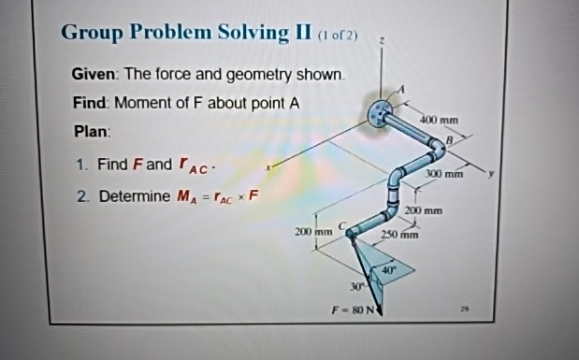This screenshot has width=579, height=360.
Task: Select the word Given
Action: click(94, 74)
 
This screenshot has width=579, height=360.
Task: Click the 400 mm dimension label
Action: click(440, 121)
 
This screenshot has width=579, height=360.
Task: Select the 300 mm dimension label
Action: click(444, 174)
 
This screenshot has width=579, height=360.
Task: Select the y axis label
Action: click(513, 174)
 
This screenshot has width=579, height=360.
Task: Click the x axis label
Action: click(269, 167)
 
